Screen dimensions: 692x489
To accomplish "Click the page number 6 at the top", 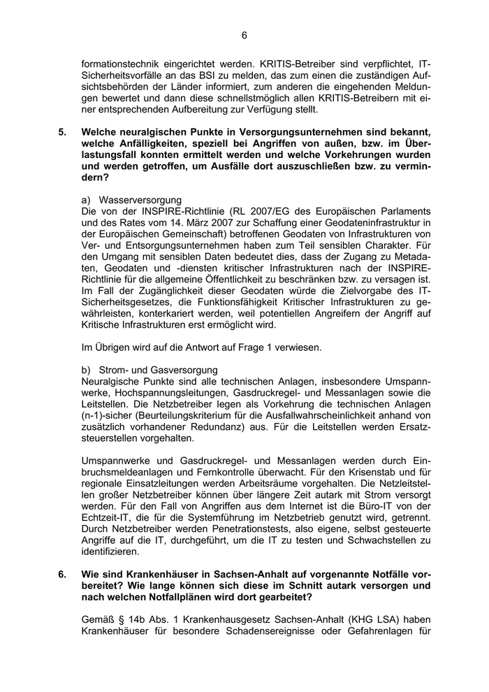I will pos(244,36).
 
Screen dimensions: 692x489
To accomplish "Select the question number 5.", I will pos(63,131).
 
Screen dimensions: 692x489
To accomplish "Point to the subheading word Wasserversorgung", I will pos(140,200).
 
